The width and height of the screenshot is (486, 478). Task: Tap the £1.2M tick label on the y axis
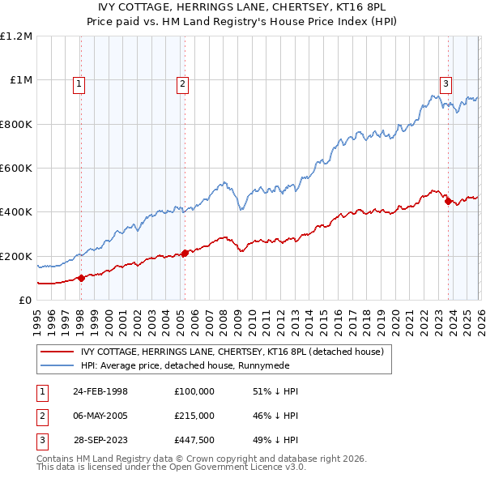click(16, 36)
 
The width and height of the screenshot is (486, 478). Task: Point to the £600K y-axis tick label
click(16, 169)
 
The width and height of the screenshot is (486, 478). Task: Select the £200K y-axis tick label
click(16, 256)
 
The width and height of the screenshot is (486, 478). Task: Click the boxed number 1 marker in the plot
click(79, 83)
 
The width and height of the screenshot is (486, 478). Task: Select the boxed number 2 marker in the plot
click(183, 83)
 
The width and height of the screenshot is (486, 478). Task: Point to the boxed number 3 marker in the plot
click(446, 83)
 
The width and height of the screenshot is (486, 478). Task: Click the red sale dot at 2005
click(185, 253)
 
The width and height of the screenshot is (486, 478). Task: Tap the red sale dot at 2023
click(448, 202)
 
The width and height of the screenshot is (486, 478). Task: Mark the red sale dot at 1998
click(81, 278)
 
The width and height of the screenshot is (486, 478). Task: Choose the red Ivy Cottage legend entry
click(237, 352)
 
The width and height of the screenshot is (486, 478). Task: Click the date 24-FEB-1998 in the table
click(100, 391)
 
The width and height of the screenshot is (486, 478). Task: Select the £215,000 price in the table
click(194, 416)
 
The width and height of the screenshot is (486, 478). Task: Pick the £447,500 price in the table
click(194, 442)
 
